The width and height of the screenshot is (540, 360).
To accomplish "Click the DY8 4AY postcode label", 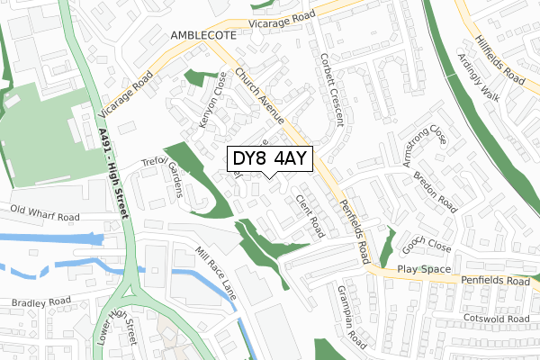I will (x=269, y=159).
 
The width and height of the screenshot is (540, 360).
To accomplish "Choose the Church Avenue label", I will (x=261, y=95).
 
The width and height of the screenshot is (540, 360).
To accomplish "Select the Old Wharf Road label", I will (x=44, y=214).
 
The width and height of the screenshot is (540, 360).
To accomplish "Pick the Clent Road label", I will (x=310, y=215).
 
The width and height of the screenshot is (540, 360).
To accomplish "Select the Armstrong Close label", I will (x=425, y=148).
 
